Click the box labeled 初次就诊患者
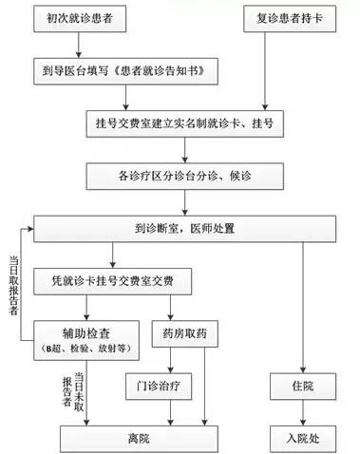click(79, 18)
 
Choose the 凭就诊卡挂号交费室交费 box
click(116, 282)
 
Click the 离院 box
click(141, 438)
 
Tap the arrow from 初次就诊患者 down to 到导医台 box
click(79, 44)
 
